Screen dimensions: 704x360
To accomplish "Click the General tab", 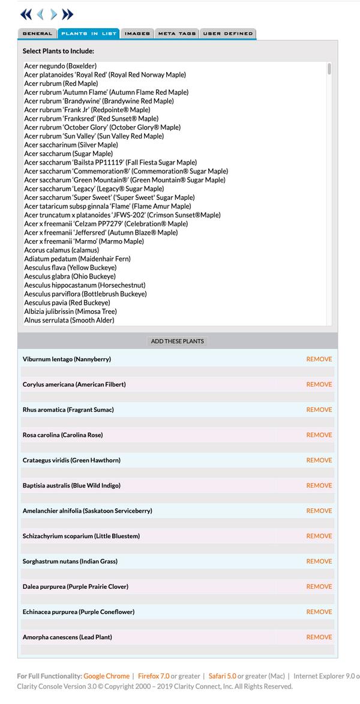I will click(x=37, y=34).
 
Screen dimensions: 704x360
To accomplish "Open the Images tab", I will click(x=137, y=34).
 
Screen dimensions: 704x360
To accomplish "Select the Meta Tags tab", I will click(x=177, y=34).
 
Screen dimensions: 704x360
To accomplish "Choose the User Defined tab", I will click(x=227, y=34).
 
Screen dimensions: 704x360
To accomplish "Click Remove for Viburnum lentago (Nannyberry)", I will click(x=319, y=360).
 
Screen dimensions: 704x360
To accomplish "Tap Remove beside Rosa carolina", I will click(x=319, y=435).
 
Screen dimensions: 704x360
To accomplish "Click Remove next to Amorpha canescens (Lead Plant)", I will click(x=319, y=637).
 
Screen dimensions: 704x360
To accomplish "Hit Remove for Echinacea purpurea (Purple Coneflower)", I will click(x=319, y=612).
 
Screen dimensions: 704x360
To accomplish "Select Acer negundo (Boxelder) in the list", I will click(x=61, y=66).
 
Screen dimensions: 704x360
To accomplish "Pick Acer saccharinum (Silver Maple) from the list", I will click(x=71, y=145).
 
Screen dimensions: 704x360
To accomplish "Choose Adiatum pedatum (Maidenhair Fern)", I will click(x=77, y=259).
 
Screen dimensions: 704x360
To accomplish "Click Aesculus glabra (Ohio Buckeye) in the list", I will click(x=70, y=277).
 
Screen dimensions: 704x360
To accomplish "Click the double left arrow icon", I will click(x=26, y=14).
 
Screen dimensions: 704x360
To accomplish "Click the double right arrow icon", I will click(x=68, y=14).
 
